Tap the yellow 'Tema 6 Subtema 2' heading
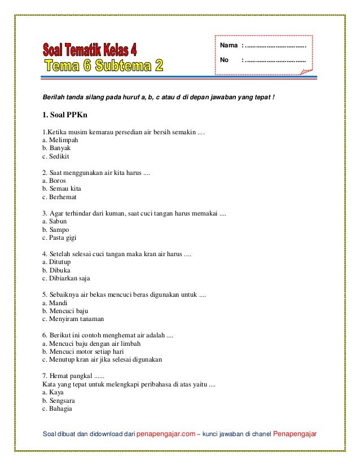103,67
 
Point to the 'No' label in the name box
224,59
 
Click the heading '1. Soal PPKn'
63,116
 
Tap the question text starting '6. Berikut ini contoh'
108,335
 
